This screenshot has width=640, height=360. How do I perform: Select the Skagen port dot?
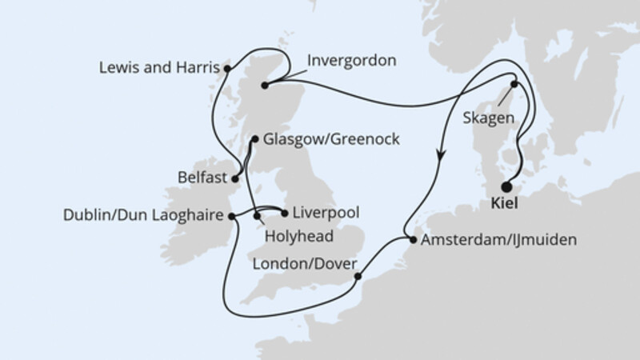514,85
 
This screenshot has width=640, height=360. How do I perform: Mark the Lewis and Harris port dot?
227,69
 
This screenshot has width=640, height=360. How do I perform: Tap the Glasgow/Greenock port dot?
254,139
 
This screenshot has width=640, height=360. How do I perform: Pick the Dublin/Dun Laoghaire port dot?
232,216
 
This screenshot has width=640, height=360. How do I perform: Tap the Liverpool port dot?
286,214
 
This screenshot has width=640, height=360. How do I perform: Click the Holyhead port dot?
257,216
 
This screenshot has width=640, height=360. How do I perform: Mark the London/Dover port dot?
358,277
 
